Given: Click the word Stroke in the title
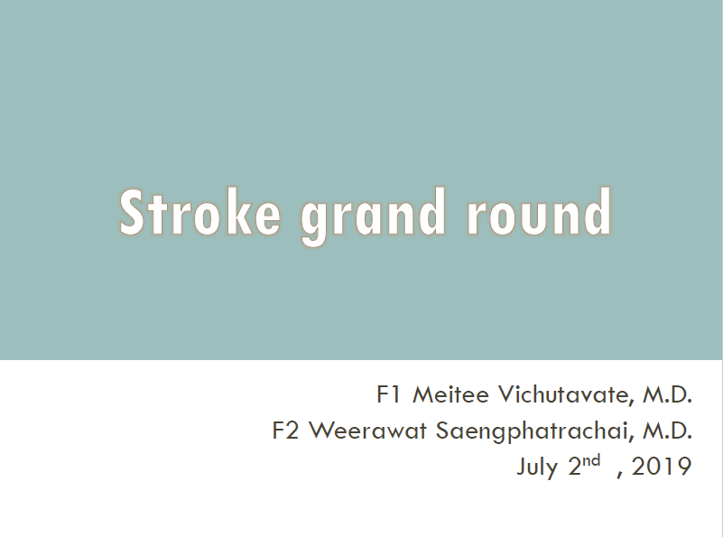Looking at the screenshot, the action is click(199, 212).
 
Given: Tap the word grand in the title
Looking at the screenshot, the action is click(373, 217).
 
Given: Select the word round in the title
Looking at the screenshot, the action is click(539, 212).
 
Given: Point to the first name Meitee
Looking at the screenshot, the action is click(450, 394).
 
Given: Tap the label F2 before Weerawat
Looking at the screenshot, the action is click(285, 431).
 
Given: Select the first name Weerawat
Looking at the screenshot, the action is click(367, 431).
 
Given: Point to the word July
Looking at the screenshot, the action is click(537, 468).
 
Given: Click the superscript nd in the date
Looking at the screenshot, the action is click(591, 460).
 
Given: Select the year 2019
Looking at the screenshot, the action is click(662, 467).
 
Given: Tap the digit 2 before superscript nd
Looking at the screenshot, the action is click(575, 467).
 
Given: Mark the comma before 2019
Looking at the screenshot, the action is click(620, 475).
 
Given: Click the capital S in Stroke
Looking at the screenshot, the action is click(132, 212).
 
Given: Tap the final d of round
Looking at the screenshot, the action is click(598, 212).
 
